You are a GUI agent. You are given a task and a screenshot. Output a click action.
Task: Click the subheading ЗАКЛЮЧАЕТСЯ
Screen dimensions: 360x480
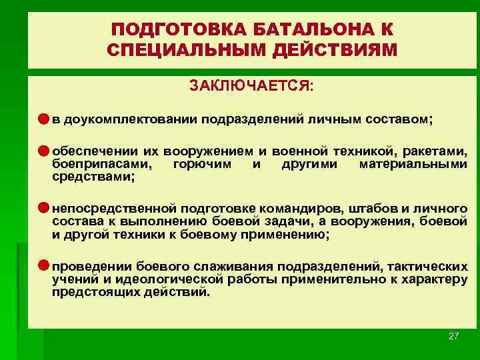click(x=251, y=87)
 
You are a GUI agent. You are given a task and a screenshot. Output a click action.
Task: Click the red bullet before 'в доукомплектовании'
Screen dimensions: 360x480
click(x=43, y=119)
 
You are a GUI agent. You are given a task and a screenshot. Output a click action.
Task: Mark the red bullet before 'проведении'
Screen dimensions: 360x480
click(x=43, y=265)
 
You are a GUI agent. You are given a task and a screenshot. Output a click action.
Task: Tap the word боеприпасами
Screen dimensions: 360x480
click(x=101, y=164)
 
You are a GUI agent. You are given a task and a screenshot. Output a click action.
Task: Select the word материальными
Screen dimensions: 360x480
click(x=413, y=164)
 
